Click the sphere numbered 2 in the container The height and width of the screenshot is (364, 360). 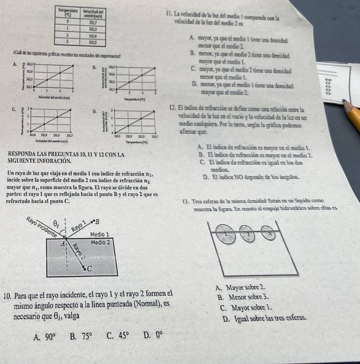(x=247, y=233)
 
